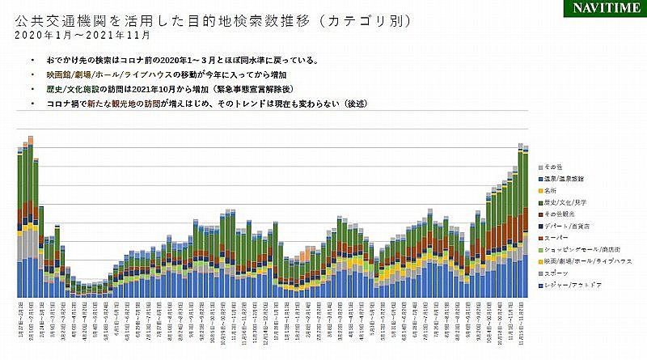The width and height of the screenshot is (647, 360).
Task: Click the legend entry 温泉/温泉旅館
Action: coord(565,177)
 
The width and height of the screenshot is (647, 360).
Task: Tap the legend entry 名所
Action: coord(552,189)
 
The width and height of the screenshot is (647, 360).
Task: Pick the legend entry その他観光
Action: coord(559,214)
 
